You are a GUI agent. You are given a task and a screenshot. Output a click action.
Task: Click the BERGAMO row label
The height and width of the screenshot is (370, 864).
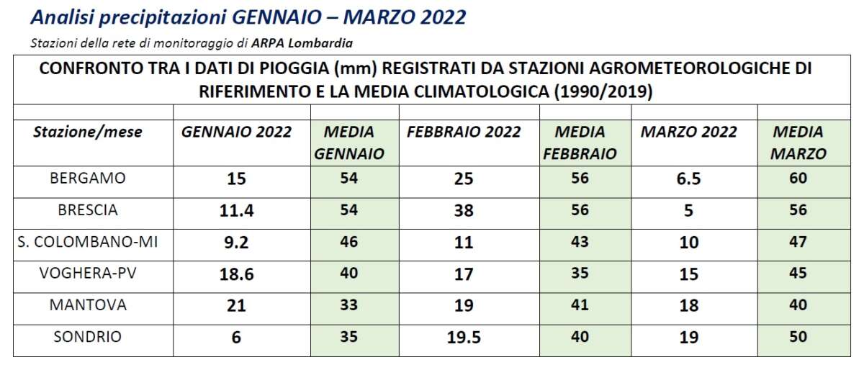click(87, 179)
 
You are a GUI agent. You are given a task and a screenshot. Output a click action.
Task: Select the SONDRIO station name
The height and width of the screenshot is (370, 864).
click(87, 337)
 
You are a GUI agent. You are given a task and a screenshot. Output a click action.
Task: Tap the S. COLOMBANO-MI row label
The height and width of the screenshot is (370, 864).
click(87, 242)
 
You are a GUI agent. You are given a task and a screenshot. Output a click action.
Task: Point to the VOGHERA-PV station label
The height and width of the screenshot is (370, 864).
click(87, 274)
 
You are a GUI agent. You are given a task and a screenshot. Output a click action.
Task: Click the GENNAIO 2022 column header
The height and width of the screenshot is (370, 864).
click(236, 132)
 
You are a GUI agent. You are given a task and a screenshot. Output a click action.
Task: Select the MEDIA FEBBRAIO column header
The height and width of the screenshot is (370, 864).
click(580, 143)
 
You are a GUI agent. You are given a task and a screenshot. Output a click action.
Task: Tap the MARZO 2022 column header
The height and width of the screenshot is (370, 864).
click(689, 132)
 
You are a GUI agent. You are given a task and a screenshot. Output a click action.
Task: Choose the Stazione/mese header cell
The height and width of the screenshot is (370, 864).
click(88, 132)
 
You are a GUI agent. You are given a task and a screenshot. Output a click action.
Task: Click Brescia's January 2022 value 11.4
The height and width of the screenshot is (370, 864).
click(236, 211)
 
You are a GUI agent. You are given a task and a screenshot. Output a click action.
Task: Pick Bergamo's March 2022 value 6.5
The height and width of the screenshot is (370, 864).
click(689, 179)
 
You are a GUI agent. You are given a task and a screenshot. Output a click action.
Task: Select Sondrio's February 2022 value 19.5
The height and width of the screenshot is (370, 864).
click(464, 338)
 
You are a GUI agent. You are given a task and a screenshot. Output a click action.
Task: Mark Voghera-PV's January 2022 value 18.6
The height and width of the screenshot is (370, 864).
click(236, 274)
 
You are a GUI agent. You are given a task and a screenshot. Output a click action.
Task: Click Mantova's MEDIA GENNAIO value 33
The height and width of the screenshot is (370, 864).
click(348, 305)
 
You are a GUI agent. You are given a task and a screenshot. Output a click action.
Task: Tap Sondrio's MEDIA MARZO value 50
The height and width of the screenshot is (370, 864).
click(798, 337)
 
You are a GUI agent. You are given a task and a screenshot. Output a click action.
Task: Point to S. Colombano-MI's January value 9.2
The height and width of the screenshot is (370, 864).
click(236, 243)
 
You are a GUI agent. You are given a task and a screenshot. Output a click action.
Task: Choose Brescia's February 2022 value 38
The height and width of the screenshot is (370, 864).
click(464, 211)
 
